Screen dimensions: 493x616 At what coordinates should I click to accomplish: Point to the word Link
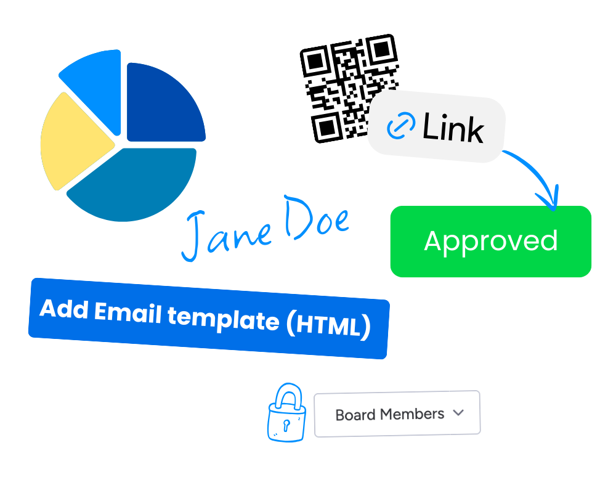453,129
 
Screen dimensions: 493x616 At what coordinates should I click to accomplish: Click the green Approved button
490,241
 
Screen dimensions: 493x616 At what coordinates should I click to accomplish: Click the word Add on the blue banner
65,309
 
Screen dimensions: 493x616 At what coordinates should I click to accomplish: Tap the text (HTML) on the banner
330,325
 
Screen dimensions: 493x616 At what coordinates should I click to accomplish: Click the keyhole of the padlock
285,424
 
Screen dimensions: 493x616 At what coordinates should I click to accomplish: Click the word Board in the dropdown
355,415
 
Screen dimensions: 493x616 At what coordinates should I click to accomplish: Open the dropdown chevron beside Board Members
458,413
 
